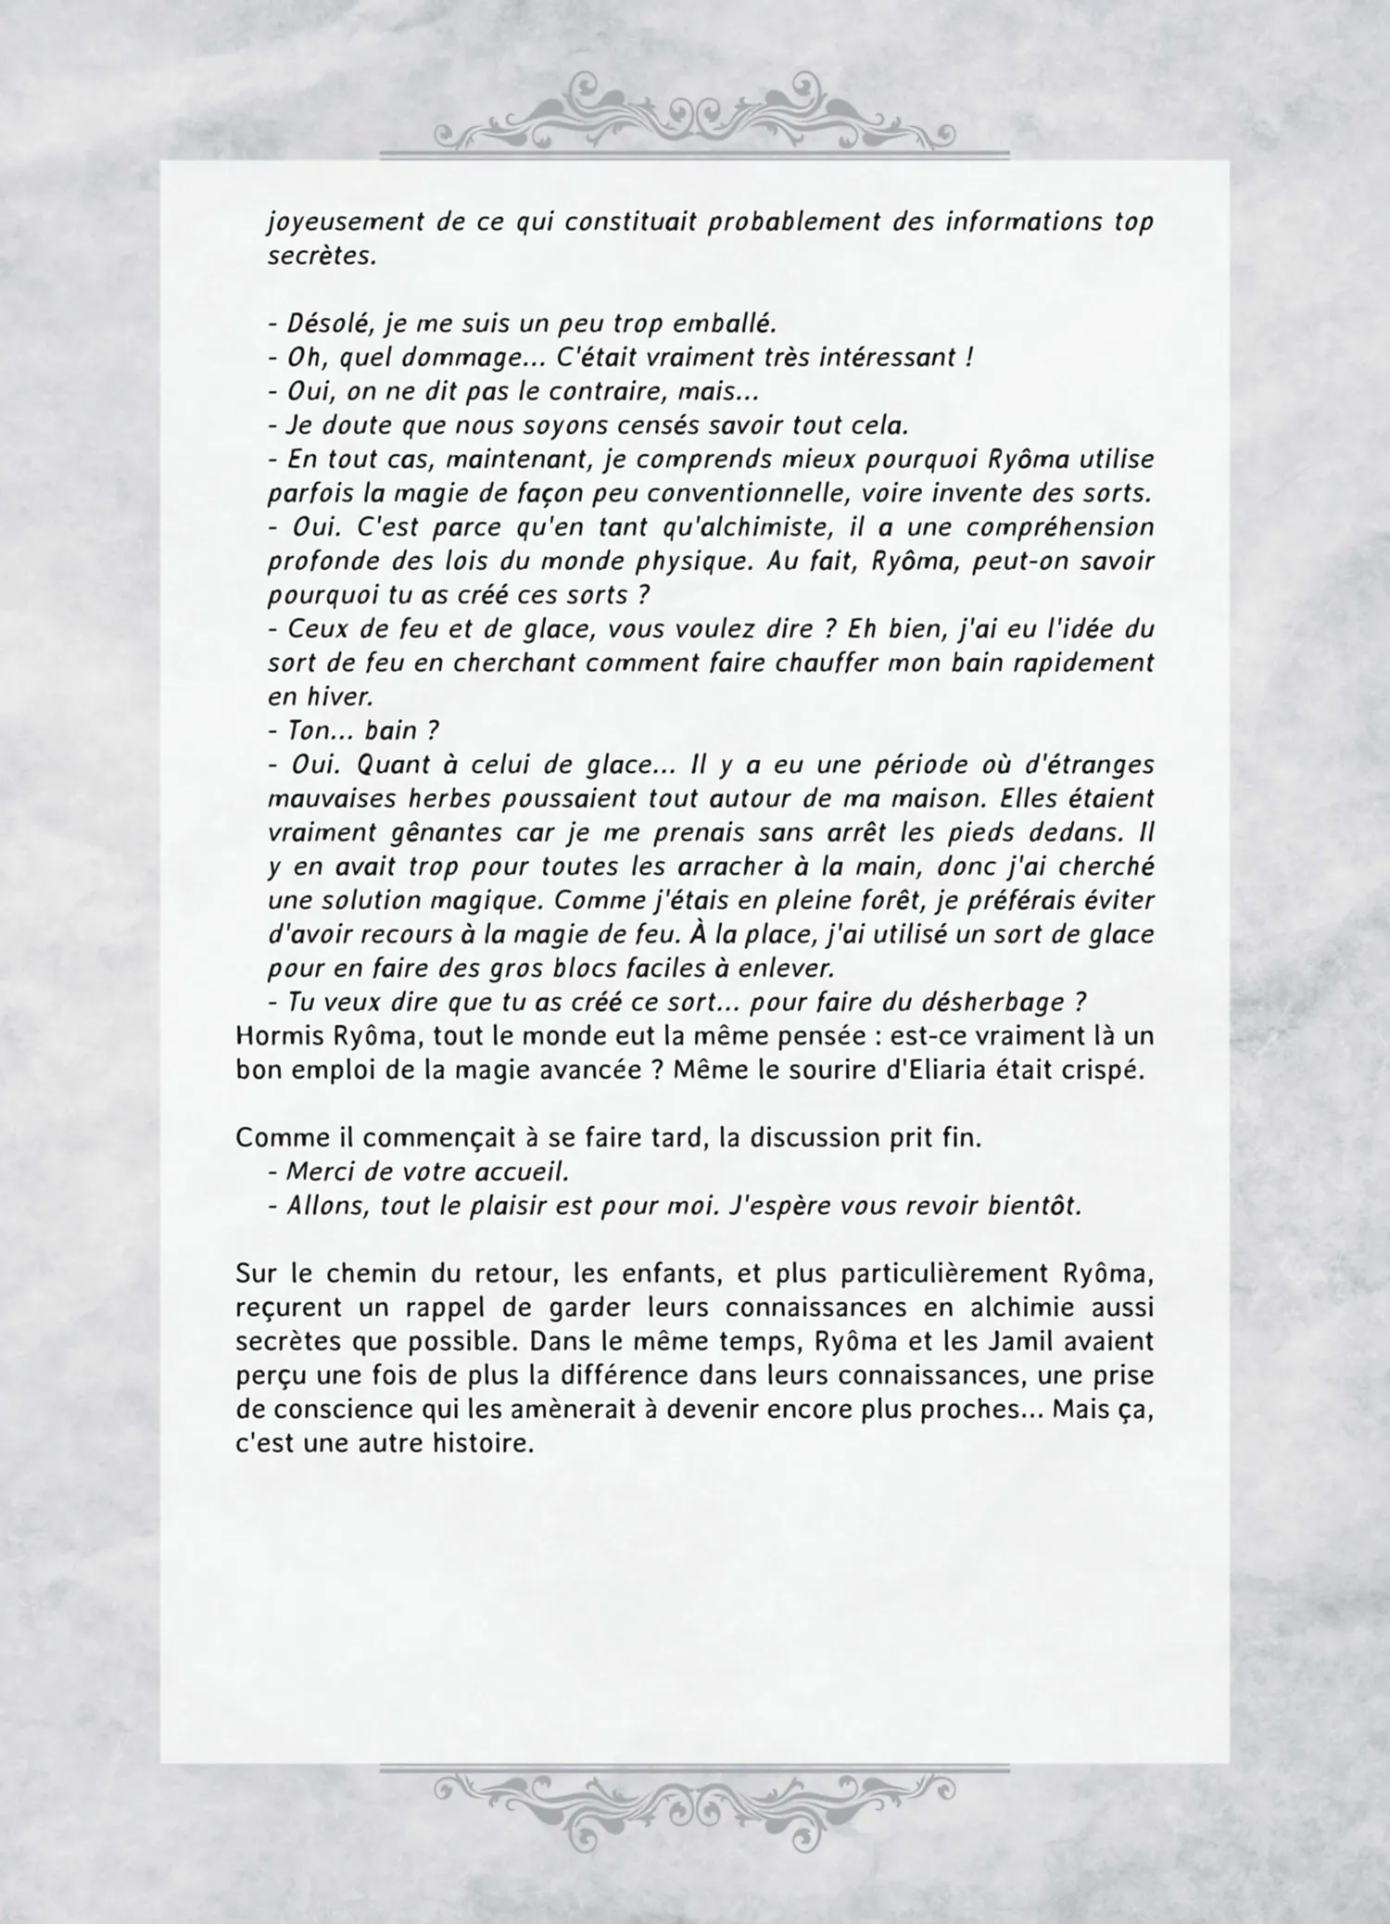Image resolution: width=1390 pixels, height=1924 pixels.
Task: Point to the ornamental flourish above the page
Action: pos(694,116)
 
